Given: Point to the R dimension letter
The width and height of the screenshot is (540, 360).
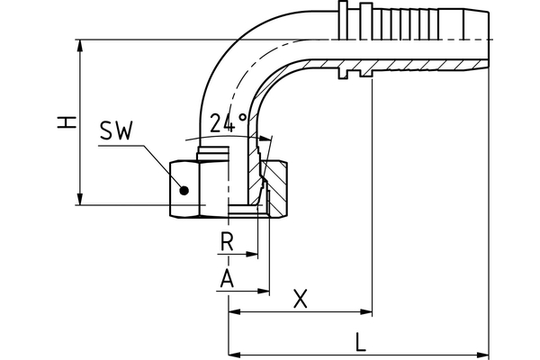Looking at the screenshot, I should coord(228,243).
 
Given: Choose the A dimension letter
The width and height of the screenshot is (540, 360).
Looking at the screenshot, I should coord(228,279).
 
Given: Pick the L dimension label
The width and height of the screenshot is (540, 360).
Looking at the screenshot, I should coord(361,341).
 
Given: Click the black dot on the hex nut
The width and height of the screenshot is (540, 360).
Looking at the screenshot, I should coord(184,190).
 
